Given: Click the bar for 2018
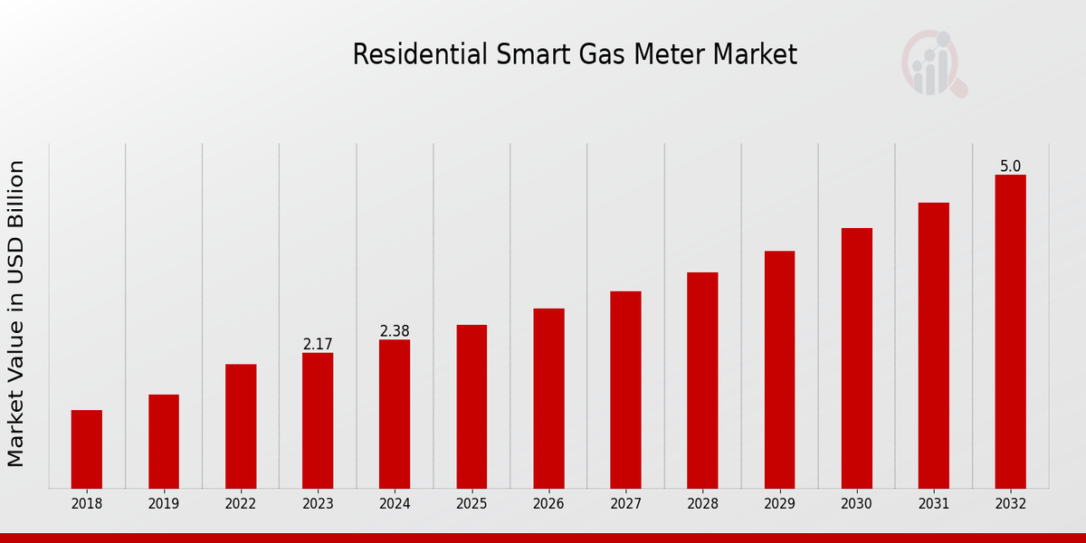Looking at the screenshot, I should pyautogui.click(x=87, y=449).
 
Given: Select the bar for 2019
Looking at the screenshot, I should pyautogui.click(x=164, y=442).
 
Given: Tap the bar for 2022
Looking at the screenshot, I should pyautogui.click(x=241, y=426).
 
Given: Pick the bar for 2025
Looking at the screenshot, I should pyautogui.click(x=472, y=406).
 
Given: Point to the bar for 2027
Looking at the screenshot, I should pyautogui.click(x=625, y=390).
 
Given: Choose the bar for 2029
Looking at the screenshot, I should pyautogui.click(x=779, y=369).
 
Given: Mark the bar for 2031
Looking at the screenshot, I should pyautogui.click(x=933, y=346).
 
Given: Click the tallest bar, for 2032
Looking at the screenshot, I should pyautogui.click(x=1010, y=331).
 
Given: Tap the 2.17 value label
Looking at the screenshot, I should pyautogui.click(x=318, y=345).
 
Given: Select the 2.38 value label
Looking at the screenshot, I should pyautogui.click(x=395, y=331).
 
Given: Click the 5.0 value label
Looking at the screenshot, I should pyautogui.click(x=1010, y=167).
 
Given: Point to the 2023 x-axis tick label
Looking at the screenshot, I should pyautogui.click(x=318, y=504).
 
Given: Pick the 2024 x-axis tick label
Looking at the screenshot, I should pyautogui.click(x=395, y=504).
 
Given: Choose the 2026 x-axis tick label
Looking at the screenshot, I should pyautogui.click(x=548, y=504).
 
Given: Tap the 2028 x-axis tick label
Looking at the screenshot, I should pyautogui.click(x=702, y=504).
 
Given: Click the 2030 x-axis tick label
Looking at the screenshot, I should pyautogui.click(x=856, y=504).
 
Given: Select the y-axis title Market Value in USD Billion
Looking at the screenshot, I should pyautogui.click(x=16, y=314).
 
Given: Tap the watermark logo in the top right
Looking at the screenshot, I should pyautogui.click(x=933, y=64).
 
